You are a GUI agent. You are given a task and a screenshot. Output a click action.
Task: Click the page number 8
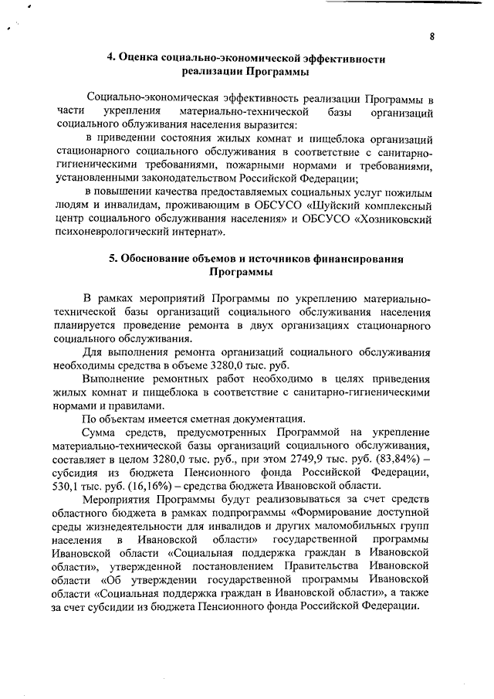coord(433,37)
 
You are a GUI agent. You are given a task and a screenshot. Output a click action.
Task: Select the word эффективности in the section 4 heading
coord(340,59)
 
